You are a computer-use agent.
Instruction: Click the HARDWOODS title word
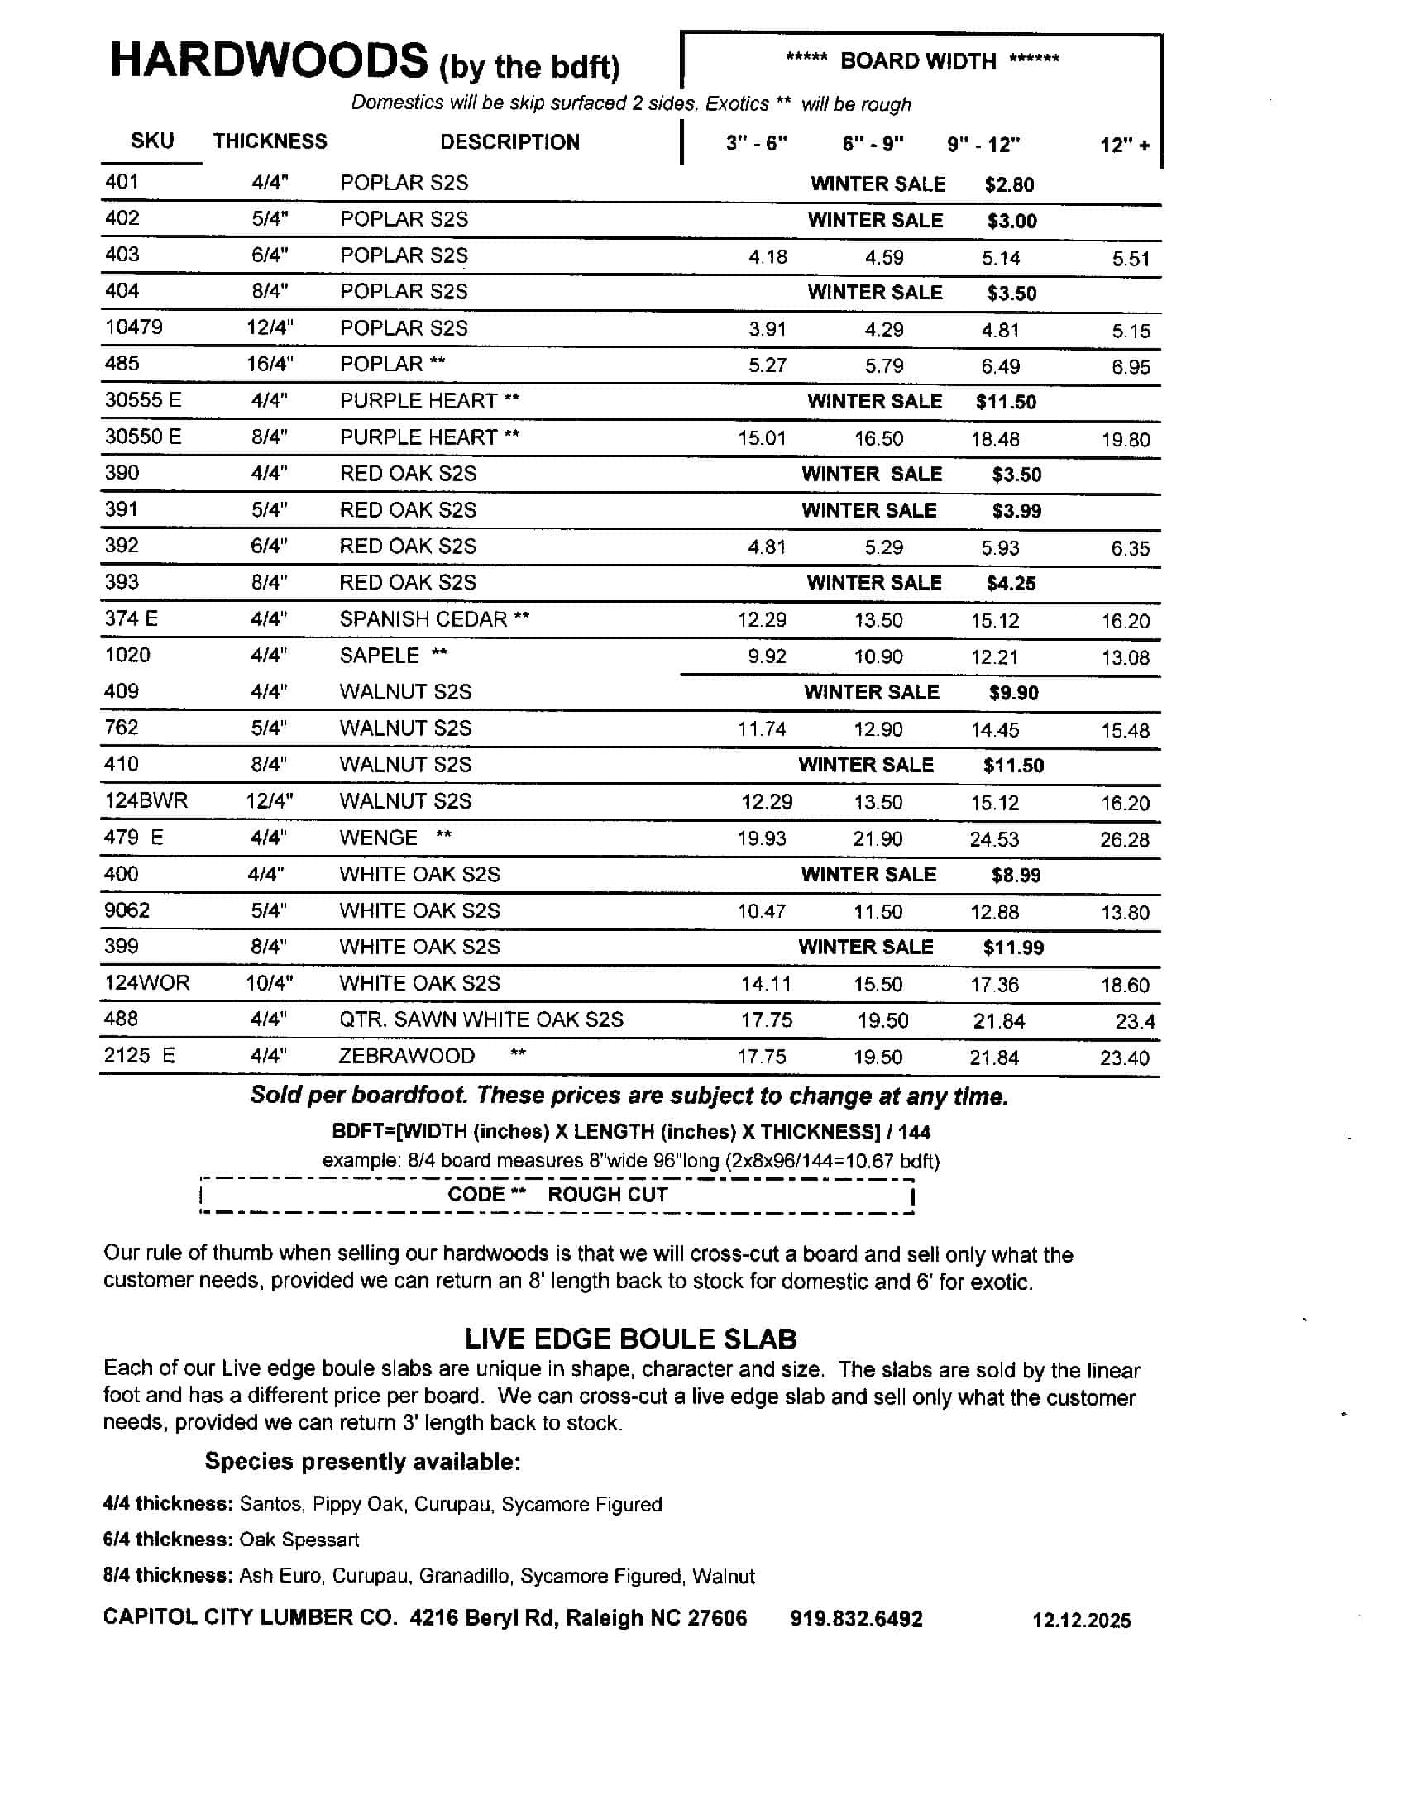(268, 61)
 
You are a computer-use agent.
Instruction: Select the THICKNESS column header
(270, 141)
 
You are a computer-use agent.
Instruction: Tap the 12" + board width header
(1125, 145)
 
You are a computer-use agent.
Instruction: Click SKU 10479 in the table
(133, 327)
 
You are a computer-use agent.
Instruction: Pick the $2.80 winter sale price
(1009, 184)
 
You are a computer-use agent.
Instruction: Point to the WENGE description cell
(378, 837)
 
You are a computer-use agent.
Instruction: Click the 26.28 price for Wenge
(1124, 839)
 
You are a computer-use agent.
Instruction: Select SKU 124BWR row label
(146, 800)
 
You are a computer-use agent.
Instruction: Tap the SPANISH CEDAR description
(423, 618)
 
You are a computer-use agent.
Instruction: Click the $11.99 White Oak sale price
(1013, 947)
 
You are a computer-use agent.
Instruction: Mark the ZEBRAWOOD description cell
(406, 1055)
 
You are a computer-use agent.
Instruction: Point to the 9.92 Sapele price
(767, 656)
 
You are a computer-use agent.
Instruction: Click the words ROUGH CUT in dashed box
(607, 1195)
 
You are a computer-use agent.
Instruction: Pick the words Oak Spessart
(299, 1540)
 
